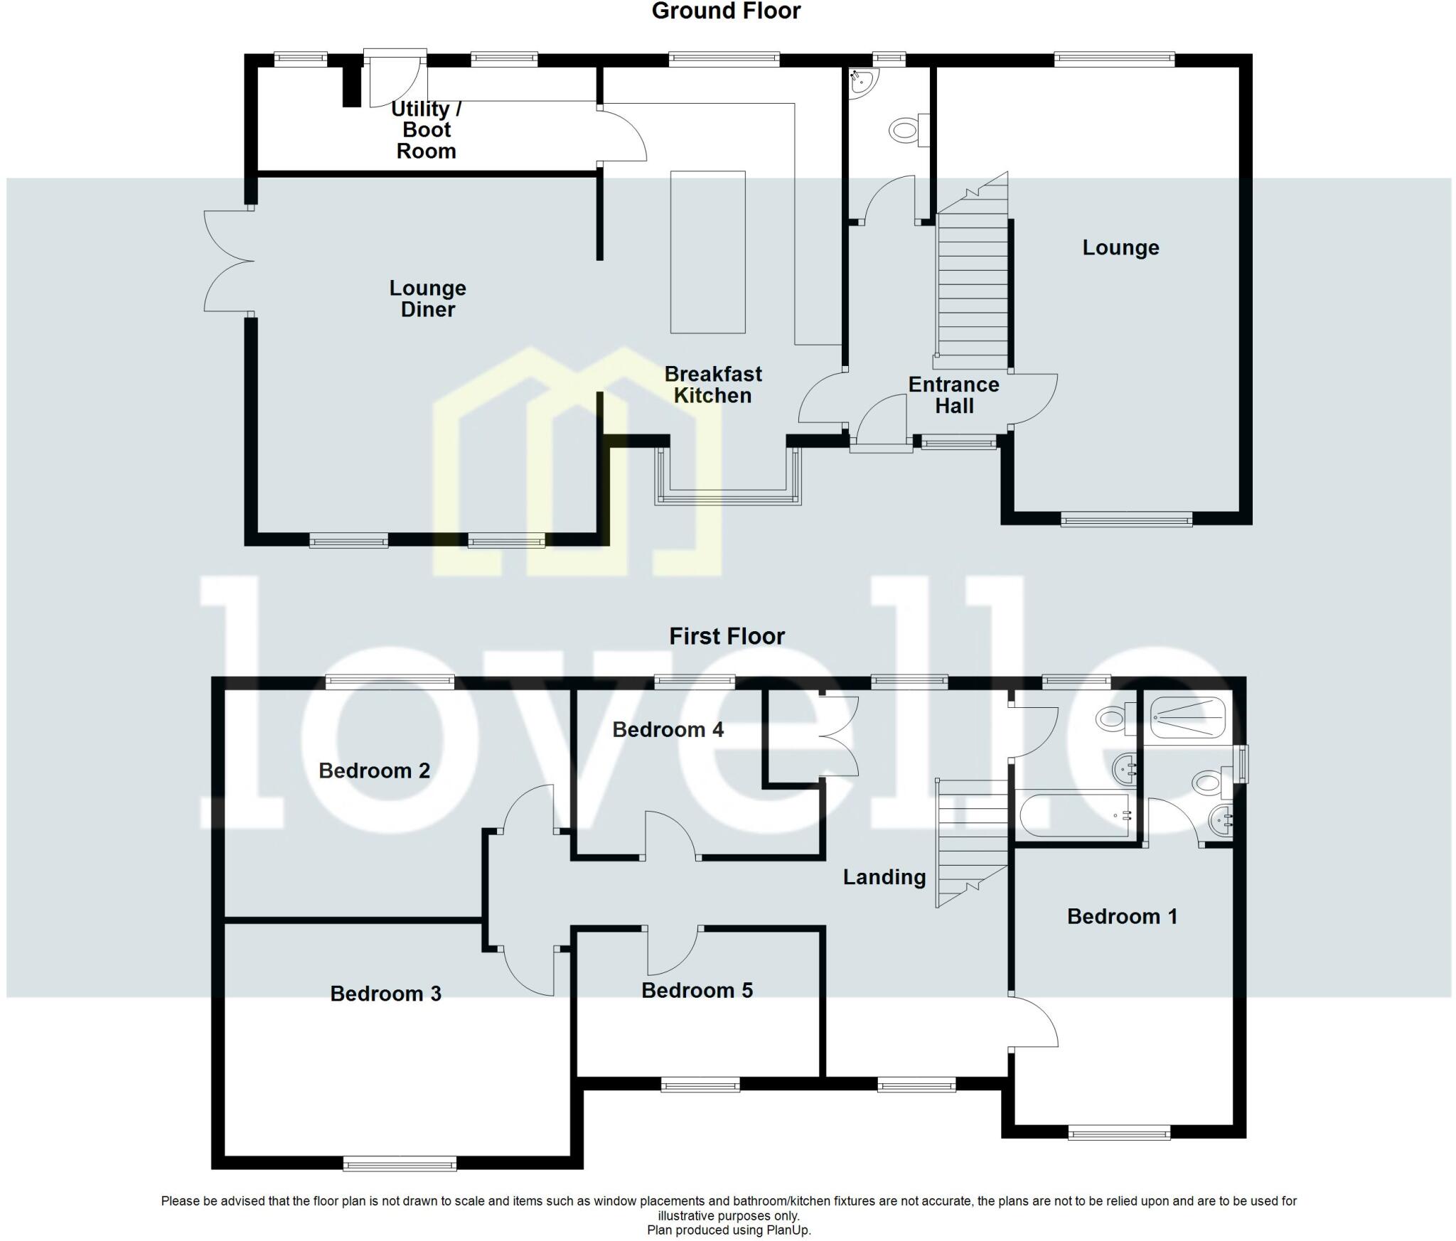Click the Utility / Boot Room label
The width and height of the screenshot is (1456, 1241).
pyautogui.click(x=426, y=130)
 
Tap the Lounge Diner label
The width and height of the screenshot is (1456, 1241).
pyautogui.click(x=427, y=299)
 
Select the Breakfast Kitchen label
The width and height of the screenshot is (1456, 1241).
pyautogui.click(x=713, y=385)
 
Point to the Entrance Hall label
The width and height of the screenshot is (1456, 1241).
pyautogui.click(x=953, y=395)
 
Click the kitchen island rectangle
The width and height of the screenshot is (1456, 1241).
pyautogui.click(x=708, y=252)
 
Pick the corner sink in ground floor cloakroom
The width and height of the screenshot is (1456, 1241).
pyautogui.click(x=862, y=82)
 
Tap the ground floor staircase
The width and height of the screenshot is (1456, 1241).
pyautogui.click(x=973, y=284)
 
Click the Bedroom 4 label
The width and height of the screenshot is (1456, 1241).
pyautogui.click(x=668, y=730)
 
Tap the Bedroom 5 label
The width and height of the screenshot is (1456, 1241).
pyautogui.click(x=697, y=991)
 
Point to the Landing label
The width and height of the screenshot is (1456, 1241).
pyautogui.click(x=884, y=877)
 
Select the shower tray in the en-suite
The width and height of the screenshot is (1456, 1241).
pyautogui.click(x=1188, y=718)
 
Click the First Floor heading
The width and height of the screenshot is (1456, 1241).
pyautogui.click(x=727, y=636)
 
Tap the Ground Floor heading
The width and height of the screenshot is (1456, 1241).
pyautogui.click(x=726, y=11)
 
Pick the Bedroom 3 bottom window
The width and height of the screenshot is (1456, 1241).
pyautogui.click(x=400, y=1164)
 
